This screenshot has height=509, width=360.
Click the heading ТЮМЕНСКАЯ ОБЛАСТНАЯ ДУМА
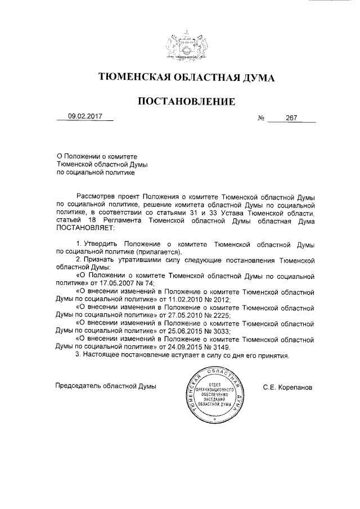[x=186, y=78]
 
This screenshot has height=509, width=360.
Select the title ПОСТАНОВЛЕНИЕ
[x=186, y=101]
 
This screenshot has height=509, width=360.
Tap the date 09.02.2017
[x=85, y=117]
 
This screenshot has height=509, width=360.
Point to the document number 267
[x=291, y=119]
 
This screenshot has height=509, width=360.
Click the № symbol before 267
[x=261, y=119]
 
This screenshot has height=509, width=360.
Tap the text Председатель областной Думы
[x=105, y=387]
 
